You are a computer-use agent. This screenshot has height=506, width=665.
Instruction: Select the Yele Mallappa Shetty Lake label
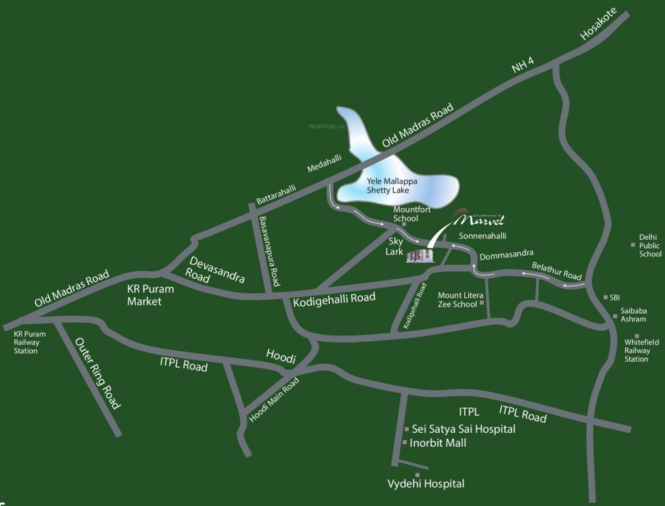pyautogui.click(x=392, y=186)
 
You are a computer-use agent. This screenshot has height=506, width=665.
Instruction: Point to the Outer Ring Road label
pyautogui.click(x=97, y=373)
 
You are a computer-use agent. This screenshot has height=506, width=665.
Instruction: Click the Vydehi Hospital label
pyautogui.click(x=425, y=484)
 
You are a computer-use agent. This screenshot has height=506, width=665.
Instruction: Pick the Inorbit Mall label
pyautogui.click(x=438, y=443)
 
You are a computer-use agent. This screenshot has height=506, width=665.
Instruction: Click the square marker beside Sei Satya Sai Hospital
pyautogui.click(x=406, y=429)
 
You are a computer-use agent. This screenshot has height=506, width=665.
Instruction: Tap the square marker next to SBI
pyautogui.click(x=606, y=297)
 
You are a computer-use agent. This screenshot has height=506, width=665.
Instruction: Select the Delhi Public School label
pyautogui.click(x=649, y=246)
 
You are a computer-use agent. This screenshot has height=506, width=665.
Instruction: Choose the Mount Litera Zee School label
pyautogui.click(x=457, y=300)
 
